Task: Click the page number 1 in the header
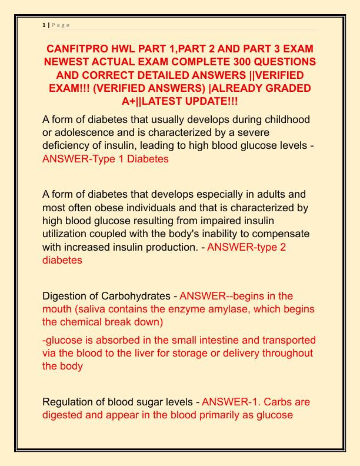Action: click(44, 25)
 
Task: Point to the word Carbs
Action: click(274, 402)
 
